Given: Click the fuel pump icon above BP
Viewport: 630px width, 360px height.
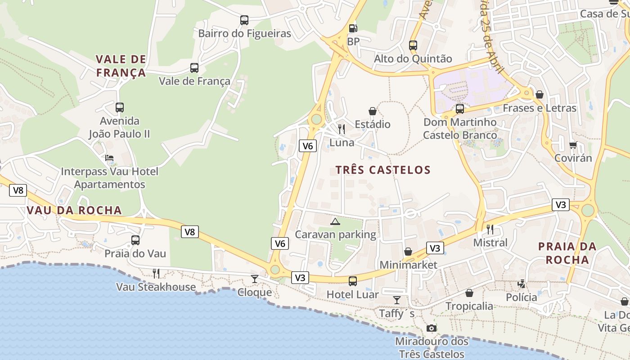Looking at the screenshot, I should pyautogui.click(x=353, y=28).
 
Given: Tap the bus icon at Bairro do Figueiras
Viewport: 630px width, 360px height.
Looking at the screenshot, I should pyautogui.click(x=244, y=20).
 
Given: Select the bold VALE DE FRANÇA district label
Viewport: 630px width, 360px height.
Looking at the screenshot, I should pyautogui.click(x=121, y=66).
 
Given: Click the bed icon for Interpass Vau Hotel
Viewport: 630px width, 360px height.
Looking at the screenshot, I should pyautogui.click(x=109, y=158).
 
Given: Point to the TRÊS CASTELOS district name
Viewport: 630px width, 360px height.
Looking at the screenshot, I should pyautogui.click(x=383, y=170).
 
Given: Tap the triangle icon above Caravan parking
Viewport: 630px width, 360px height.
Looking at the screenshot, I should pyautogui.click(x=335, y=221).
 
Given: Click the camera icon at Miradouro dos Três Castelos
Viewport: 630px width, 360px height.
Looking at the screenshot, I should pyautogui.click(x=432, y=328).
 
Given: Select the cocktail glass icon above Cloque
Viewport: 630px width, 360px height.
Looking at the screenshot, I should pyautogui.click(x=255, y=279).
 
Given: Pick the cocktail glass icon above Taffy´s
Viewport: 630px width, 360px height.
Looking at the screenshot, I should pyautogui.click(x=396, y=300).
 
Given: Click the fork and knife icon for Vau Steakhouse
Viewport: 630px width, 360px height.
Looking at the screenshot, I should pyautogui.click(x=156, y=273).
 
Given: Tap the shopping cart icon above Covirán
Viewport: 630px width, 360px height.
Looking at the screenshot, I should pyautogui.click(x=573, y=145).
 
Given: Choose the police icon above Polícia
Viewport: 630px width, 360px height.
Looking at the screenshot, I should pyautogui.click(x=521, y=284).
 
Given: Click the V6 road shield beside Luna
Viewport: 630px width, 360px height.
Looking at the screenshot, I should pyautogui.click(x=307, y=145).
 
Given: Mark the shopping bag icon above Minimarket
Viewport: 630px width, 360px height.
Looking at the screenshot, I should pyautogui.click(x=408, y=252).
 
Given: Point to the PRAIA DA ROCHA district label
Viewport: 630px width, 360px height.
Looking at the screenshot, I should pyautogui.click(x=567, y=253).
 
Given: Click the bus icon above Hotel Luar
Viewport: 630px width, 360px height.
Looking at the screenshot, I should pyautogui.click(x=353, y=281).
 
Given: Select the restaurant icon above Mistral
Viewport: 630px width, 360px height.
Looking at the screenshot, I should pyautogui.click(x=490, y=229).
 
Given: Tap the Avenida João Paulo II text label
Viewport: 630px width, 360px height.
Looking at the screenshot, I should pyautogui.click(x=119, y=127).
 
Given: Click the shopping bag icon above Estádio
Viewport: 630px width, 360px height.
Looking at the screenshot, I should pyautogui.click(x=372, y=111).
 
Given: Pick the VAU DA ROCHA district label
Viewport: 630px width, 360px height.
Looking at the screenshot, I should pyautogui.click(x=74, y=210).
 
